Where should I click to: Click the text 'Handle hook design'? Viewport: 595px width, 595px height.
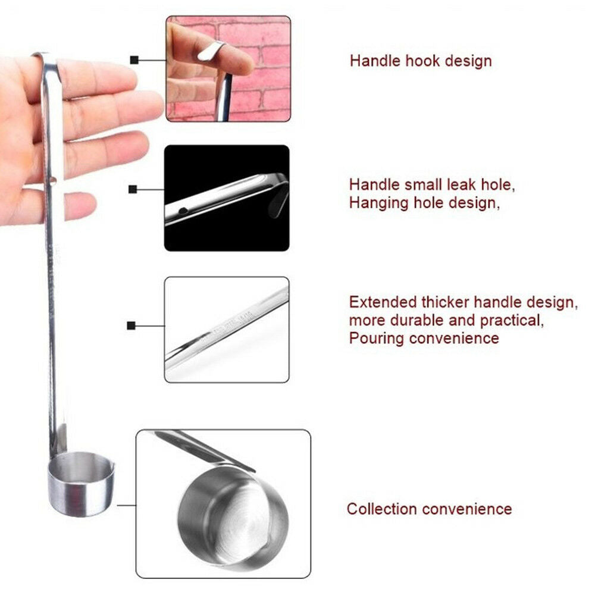click(x=420, y=61)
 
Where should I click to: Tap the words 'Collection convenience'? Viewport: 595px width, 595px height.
click(x=429, y=509)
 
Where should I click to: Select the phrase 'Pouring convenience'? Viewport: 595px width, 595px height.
click(x=424, y=339)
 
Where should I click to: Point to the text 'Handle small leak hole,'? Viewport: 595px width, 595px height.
click(x=432, y=184)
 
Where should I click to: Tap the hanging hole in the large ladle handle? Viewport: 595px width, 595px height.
click(x=54, y=179)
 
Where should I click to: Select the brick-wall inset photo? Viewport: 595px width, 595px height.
click(x=228, y=69)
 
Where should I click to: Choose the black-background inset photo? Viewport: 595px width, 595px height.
click(x=227, y=198)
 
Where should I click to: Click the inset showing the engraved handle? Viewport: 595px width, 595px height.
click(x=227, y=329)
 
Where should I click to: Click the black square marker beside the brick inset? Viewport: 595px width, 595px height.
click(x=134, y=59)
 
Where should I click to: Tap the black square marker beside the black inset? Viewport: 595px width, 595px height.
click(x=132, y=190)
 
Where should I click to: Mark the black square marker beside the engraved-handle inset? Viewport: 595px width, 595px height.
click(x=131, y=325)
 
